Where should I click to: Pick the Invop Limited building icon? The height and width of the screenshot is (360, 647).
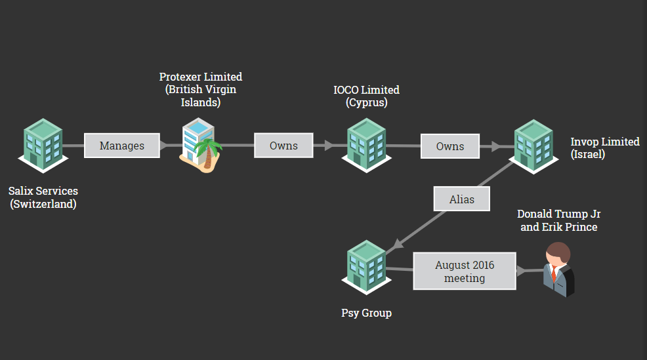pos(533,146)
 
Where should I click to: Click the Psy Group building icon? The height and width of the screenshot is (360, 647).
pos(366,266)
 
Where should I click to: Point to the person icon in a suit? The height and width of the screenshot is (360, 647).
pos(558,270)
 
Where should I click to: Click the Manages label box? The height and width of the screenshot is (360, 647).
pos(122,146)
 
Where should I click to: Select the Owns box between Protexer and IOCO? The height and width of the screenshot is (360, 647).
pos(283,146)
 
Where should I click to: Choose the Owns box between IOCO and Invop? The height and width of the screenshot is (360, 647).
pos(450,146)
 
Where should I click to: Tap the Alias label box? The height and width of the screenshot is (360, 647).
pos(461,199)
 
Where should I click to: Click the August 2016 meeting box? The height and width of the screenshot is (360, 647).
pos(465,271)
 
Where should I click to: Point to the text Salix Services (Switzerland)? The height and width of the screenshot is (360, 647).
pos(43,197)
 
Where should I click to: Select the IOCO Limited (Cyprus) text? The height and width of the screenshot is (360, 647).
pos(366,96)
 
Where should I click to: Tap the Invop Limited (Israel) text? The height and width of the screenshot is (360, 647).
pos(604,148)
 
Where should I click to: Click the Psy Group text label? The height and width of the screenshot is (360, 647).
pos(366,313)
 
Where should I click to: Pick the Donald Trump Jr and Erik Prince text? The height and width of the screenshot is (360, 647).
pos(558,220)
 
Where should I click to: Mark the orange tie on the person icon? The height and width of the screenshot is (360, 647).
pos(554,273)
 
